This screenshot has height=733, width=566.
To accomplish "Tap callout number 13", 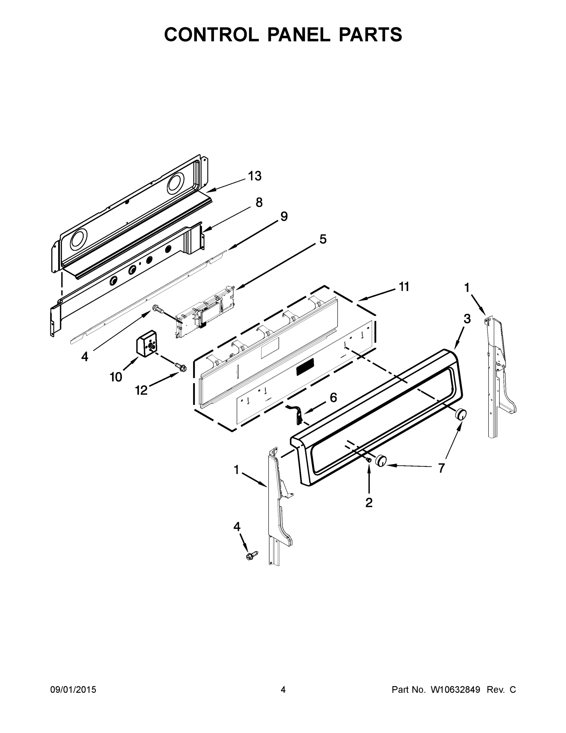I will tap(255, 176).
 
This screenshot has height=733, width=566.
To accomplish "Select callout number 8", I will tap(259, 202).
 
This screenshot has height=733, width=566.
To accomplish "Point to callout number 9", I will tap(284, 217).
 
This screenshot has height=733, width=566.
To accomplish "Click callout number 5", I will tap(323, 239).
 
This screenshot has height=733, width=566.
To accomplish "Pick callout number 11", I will tap(404, 287).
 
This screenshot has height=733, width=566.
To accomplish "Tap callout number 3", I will tap(467, 319).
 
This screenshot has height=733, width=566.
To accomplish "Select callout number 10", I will tap(116, 377).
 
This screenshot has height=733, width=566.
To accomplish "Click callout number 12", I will tap(141, 390).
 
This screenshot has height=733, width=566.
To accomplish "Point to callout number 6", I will tap(333, 397).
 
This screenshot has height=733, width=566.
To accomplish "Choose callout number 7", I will tap(441, 468).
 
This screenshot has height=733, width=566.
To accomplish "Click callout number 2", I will tap(369, 502).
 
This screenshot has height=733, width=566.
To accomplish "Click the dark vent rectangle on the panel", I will tap(305, 366).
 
